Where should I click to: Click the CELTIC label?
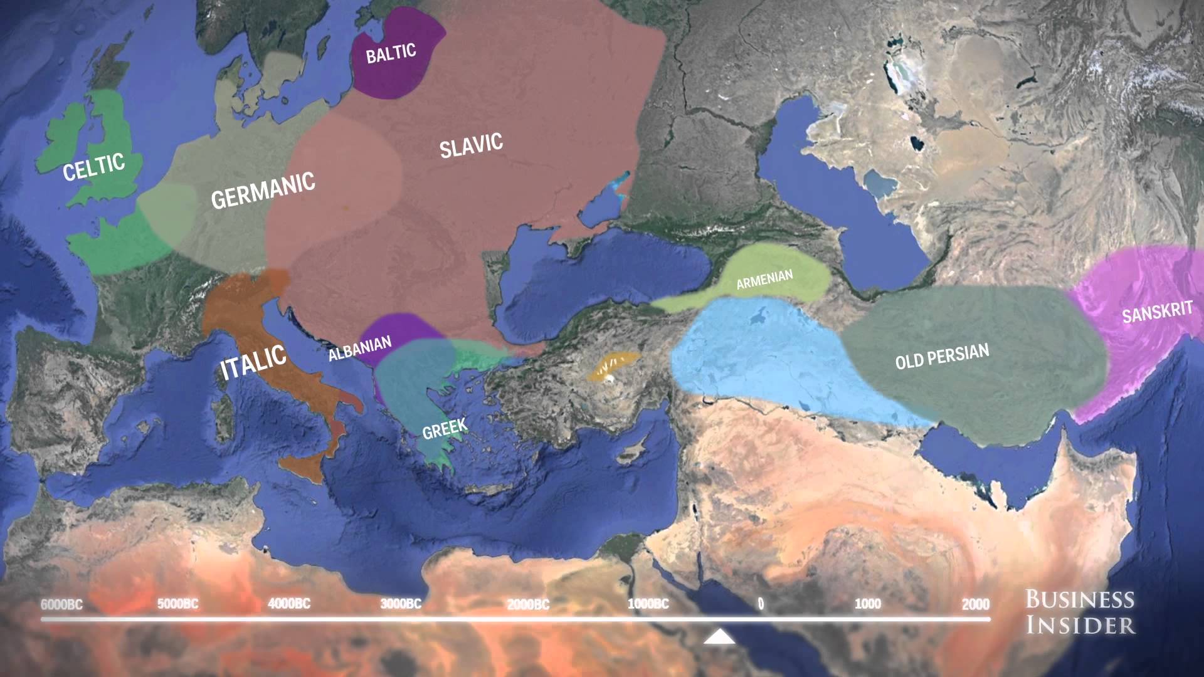(94, 166)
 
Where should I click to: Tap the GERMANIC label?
(263, 190)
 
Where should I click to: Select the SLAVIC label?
(471, 145)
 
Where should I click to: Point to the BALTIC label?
(391, 53)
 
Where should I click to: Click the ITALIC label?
(253, 362)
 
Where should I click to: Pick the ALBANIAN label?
(360, 349)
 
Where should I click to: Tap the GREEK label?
(445, 429)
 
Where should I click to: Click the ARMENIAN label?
(764, 280)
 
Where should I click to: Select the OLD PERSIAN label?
(942, 356)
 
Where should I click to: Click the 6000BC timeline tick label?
(61, 605)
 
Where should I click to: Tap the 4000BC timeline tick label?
(289, 604)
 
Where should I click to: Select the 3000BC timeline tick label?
(401, 604)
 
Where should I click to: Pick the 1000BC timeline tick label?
(648, 604)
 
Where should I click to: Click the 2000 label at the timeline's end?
(976, 604)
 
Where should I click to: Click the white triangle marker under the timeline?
(719, 638)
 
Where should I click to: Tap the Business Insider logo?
(1080, 612)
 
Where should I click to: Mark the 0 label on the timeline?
(761, 604)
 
